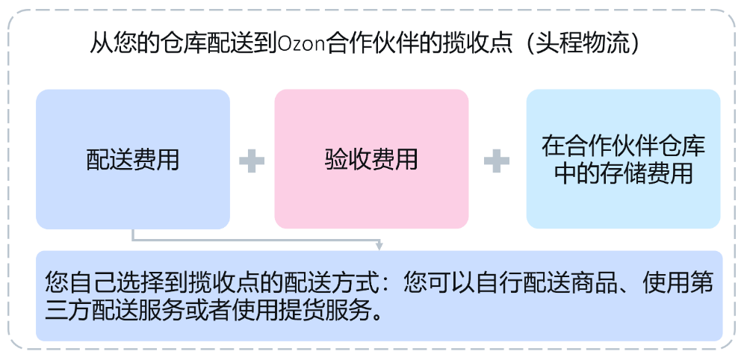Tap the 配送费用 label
(133, 159)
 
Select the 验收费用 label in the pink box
(371, 159)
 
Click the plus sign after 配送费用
(252, 161)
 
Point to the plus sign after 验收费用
(497, 161)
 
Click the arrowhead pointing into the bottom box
(379, 246)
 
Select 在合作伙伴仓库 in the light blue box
(624, 146)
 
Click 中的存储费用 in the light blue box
(624, 173)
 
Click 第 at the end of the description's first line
(701, 283)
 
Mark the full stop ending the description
(377, 316)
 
